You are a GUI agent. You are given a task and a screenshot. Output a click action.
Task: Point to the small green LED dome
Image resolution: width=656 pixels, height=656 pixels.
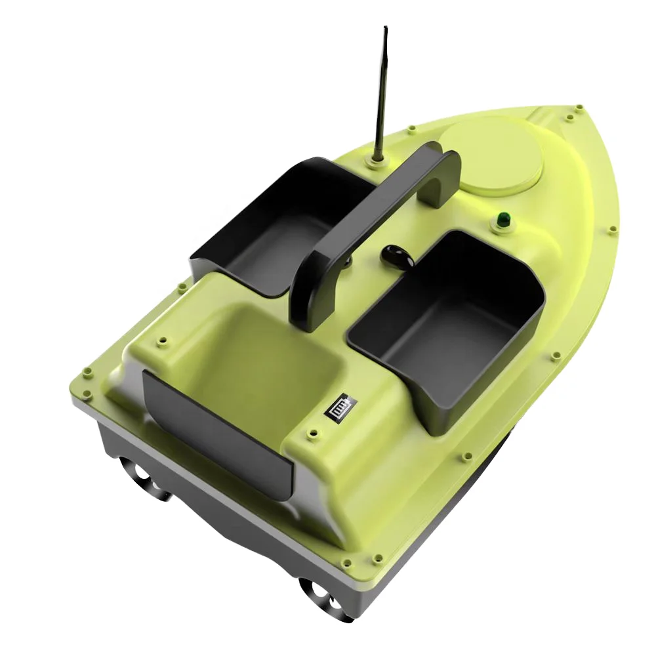tap(503, 218)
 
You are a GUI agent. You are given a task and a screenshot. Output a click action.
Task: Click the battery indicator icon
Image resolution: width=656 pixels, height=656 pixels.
tap(339, 406)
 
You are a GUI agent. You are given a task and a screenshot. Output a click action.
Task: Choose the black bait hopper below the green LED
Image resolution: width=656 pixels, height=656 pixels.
tap(453, 321)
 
